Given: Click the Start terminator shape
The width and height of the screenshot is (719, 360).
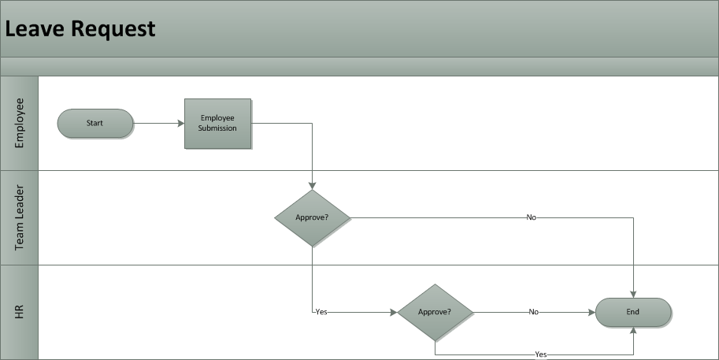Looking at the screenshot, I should tap(95, 123).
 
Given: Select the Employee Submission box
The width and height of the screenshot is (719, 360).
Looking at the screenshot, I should tap(217, 123).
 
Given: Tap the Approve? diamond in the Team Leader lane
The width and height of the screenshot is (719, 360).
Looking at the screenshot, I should tap(313, 217).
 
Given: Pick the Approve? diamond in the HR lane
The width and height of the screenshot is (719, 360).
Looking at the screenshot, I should tap(435, 312).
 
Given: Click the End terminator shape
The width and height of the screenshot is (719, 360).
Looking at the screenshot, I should tap(633, 312).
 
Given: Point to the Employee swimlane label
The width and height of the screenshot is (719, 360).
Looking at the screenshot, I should tap(20, 123).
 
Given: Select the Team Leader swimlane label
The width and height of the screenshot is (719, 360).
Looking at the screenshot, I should tap(20, 217).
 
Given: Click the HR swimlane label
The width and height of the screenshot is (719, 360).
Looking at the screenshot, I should tap(20, 312).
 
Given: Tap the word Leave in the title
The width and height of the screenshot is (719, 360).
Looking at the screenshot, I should tap(35, 29).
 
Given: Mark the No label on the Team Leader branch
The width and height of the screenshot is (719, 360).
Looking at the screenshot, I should tap(532, 217).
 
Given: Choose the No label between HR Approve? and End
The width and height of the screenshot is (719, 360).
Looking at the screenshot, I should tap(534, 312).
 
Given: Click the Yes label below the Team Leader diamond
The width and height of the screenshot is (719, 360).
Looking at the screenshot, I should tap(321, 312).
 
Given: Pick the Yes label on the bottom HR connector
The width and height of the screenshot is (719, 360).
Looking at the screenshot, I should tap(541, 354).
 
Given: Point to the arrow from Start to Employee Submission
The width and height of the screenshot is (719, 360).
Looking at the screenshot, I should tap(158, 123).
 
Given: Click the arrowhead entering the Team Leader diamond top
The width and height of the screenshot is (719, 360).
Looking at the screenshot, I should tap(313, 185).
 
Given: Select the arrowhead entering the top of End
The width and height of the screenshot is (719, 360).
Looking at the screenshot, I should tap(633, 293).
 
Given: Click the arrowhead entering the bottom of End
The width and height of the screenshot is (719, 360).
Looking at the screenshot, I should tap(633, 331).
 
